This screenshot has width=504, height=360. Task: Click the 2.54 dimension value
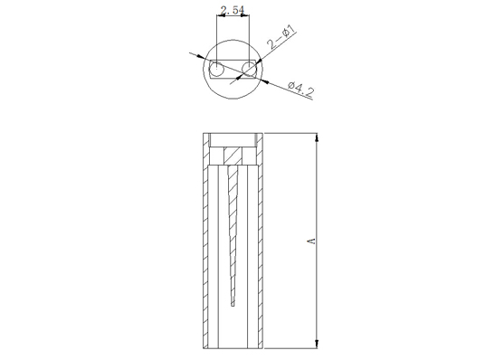click(233, 10)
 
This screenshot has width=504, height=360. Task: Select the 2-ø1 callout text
click(282, 38)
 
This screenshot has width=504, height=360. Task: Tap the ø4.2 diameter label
click(300, 89)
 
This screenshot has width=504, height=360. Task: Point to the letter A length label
click(311, 241)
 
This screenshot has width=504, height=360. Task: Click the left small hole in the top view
click(216, 69)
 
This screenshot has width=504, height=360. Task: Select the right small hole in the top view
click(249, 69)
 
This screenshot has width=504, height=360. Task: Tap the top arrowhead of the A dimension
click(317, 137)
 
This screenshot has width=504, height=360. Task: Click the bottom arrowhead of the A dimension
click(317, 344)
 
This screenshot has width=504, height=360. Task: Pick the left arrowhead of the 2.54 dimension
click(221, 14)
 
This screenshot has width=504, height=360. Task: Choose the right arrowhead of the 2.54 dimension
click(244, 14)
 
